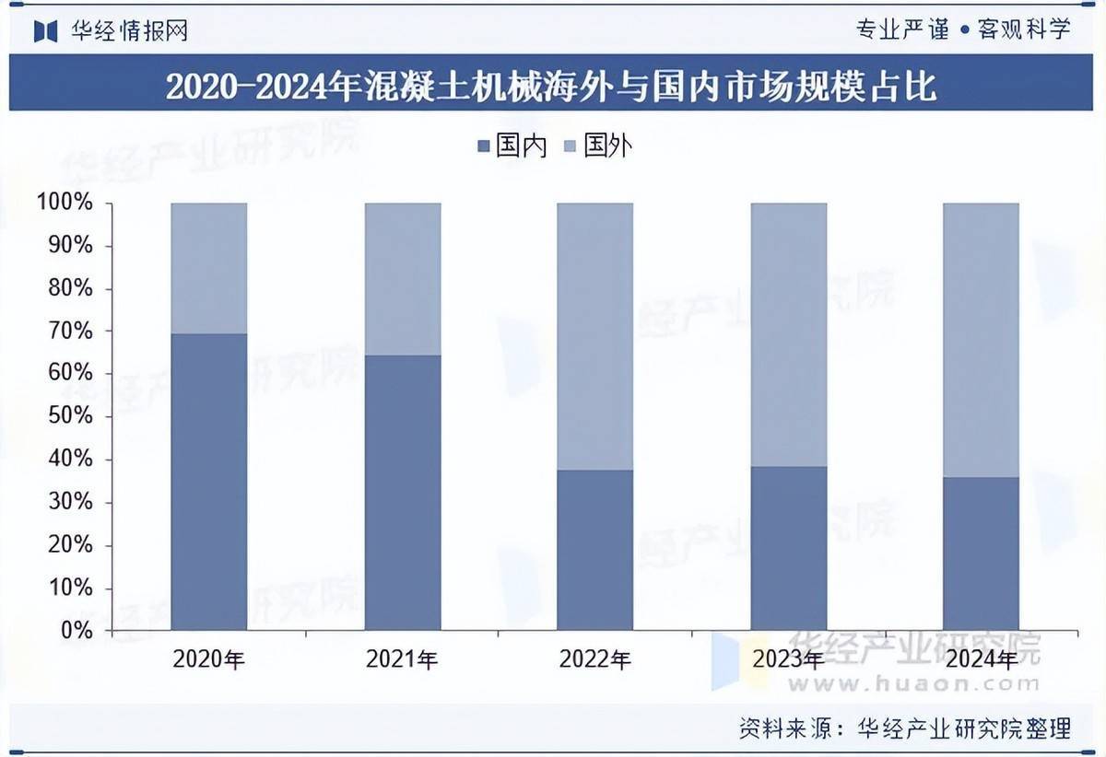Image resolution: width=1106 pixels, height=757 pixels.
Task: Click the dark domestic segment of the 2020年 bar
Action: [209, 482]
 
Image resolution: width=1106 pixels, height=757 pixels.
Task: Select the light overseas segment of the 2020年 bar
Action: [209, 268]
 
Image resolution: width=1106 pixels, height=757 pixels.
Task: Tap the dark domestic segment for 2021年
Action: [403, 493]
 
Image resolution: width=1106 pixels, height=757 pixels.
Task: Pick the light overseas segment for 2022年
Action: [595, 336]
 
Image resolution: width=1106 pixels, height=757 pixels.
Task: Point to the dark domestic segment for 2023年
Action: [789, 548]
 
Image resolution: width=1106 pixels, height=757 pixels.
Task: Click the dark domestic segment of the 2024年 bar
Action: [981, 553]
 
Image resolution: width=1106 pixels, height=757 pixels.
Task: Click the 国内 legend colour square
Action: [484, 146]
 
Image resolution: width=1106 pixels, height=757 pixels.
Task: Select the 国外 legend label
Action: [609, 146]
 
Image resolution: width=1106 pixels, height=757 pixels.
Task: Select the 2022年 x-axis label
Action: [595, 659]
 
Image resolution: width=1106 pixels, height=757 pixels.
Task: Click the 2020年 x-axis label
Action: [209, 659]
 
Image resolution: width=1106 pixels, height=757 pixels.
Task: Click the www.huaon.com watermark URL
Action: [913, 683]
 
